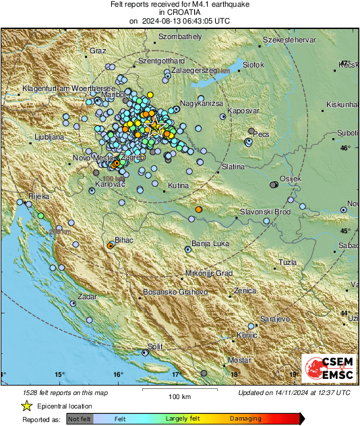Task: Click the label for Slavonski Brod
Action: coord(265,212)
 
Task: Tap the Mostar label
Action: coord(239,361)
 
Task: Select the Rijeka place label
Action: coord(34,196)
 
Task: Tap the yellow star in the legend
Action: coord(26,406)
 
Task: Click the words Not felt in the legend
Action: coord(80,419)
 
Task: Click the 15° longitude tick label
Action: coord(59,375)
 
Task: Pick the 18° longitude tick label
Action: coord(235,375)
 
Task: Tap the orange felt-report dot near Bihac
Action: coord(110,247)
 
